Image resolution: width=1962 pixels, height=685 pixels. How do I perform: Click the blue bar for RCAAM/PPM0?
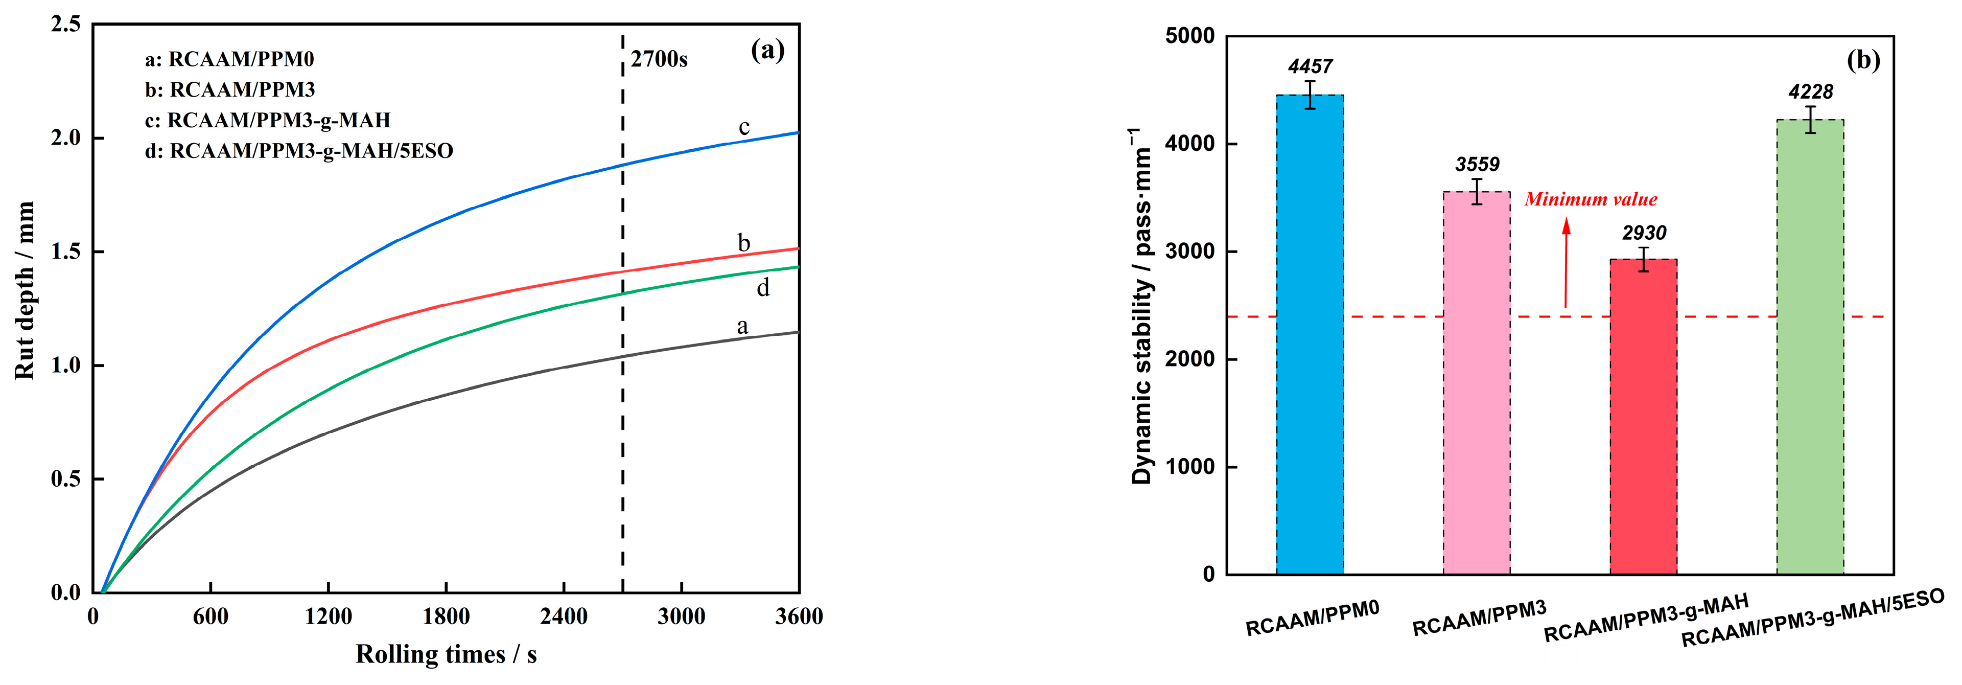1309,335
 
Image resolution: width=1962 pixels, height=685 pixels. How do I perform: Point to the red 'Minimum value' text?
1591,200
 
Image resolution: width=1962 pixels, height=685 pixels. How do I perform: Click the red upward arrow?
1566,263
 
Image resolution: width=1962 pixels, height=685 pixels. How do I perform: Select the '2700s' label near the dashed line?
659,59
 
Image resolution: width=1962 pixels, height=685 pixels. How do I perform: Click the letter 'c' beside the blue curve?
744,126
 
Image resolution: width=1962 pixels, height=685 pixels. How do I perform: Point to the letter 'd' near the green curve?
762,288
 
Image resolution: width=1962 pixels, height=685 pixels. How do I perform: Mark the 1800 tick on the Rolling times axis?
446,615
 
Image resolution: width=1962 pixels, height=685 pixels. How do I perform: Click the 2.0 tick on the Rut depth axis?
65,138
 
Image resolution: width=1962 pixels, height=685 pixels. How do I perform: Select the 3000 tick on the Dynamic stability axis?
1190,252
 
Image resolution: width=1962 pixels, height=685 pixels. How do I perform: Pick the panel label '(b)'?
1863,59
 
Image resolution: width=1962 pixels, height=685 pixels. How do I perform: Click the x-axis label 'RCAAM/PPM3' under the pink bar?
1479,617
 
